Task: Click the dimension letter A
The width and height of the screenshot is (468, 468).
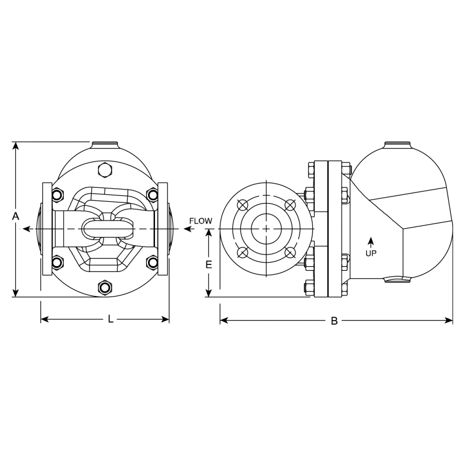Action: click(16, 216)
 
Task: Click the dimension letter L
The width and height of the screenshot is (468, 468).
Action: click(110, 319)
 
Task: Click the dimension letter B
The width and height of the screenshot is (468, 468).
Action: click(334, 321)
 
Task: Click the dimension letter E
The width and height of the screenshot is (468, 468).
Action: click(209, 264)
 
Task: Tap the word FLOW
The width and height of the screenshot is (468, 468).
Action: click(201, 221)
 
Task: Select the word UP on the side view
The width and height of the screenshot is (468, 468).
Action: click(370, 253)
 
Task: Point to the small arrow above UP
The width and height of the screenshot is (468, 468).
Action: click(370, 241)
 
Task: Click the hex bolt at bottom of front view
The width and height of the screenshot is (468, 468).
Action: click(106, 287)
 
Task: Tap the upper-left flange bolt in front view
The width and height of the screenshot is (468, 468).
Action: click(57, 194)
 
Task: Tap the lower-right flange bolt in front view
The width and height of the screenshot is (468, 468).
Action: click(153, 261)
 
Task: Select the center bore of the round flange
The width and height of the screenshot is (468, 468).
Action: click(266, 228)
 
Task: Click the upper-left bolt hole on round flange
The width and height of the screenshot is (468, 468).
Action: click(242, 204)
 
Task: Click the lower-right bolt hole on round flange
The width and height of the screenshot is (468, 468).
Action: click(290, 252)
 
